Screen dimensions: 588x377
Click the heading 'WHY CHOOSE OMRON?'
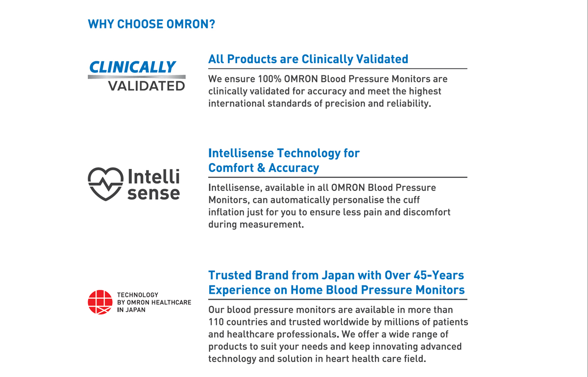[x=151, y=24]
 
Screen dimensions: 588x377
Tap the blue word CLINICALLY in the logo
[x=132, y=67]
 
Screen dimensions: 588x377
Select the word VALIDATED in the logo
[x=147, y=86]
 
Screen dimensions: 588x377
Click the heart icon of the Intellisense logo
[x=105, y=184]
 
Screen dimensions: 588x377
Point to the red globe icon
[x=100, y=302]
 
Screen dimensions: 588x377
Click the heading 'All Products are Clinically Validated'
[x=308, y=59]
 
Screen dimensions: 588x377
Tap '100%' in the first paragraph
[x=269, y=79]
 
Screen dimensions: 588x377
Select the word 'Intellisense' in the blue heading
[x=241, y=153]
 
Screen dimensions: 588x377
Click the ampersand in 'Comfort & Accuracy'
[x=261, y=168]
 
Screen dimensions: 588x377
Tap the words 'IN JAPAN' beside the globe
[x=131, y=310]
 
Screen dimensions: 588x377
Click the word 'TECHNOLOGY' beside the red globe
[x=138, y=295]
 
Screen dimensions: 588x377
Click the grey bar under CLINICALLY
[x=137, y=77]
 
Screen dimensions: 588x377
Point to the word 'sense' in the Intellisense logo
[x=154, y=193]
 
